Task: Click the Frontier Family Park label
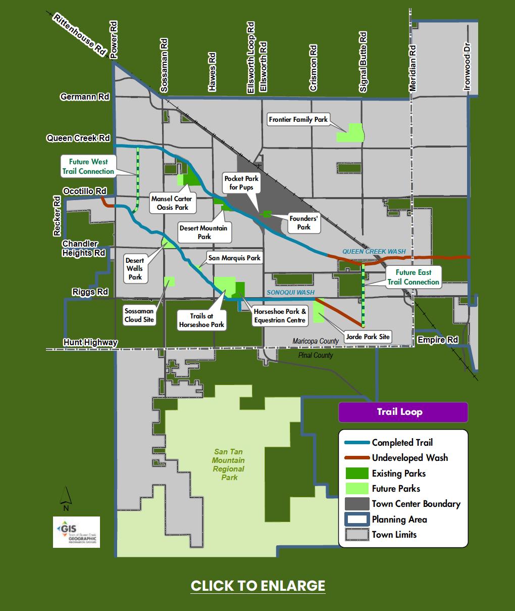coord(298,120)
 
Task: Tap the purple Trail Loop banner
coord(403,412)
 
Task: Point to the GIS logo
coord(76,532)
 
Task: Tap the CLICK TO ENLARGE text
coord(258,586)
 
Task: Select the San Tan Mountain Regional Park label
coord(229,464)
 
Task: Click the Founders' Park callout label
coord(303,223)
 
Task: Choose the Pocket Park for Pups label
coord(241,183)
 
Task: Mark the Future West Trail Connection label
coord(88,167)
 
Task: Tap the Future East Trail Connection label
coord(414,277)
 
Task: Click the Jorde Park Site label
coord(368,337)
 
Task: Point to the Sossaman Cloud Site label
coord(139,316)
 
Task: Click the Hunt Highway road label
coord(90,343)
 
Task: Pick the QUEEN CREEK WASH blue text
coord(374,251)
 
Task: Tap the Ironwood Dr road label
coord(467,66)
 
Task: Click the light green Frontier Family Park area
coord(350,133)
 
